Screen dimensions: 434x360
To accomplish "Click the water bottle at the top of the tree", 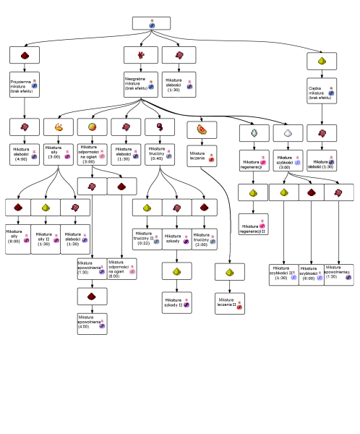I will click(152, 23).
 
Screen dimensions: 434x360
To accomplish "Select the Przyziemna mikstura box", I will click(25, 87).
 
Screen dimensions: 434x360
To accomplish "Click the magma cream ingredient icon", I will click(92, 127).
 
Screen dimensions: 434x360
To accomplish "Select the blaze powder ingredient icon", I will click(58, 127).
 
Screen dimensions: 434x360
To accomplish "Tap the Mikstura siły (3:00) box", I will click(58, 156).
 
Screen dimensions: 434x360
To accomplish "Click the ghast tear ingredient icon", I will click(254, 133).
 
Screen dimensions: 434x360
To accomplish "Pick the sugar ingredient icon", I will click(288, 133).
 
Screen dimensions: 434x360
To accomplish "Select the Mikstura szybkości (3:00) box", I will click(288, 161).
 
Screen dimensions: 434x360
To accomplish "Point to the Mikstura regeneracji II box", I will click(254, 226).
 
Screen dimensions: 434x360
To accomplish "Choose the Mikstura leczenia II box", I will click(229, 303).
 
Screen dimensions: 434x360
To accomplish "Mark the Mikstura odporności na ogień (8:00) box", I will click(121, 268).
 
